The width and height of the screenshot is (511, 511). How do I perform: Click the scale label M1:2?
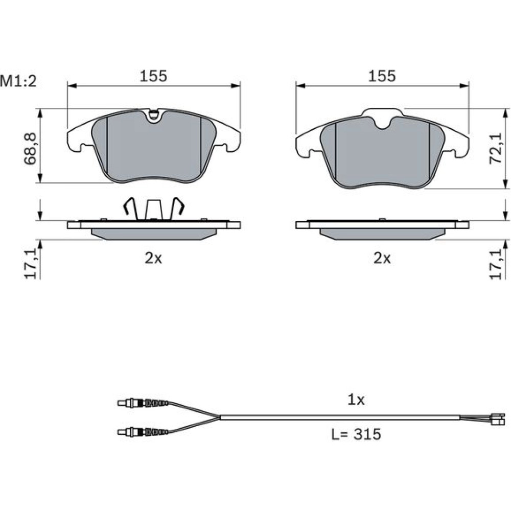pyautogui.click(x=18, y=81)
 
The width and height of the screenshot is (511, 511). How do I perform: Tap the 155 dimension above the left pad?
pyautogui.click(x=153, y=76)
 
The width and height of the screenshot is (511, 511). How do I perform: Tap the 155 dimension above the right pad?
pyautogui.click(x=382, y=76)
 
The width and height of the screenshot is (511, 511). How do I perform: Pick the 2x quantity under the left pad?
pyautogui.click(x=153, y=259)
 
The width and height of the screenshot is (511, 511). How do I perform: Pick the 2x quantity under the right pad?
pyautogui.click(x=382, y=259)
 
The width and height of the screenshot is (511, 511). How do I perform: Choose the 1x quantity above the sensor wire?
pyautogui.click(x=356, y=400)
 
